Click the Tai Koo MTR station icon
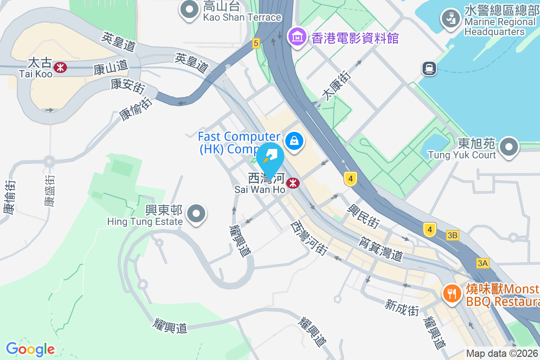tap(60, 67)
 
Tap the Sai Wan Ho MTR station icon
tap(293, 183)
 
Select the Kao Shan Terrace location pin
tap(189, 9)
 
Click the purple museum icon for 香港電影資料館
tap(297, 37)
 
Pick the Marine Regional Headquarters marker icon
tap(450, 19)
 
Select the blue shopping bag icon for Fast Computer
tap(294, 141)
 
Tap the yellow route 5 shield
tap(256, 43)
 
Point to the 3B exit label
tap(453, 235)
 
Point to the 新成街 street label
tap(402, 308)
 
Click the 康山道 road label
tap(111, 68)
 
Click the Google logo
tap(30, 349)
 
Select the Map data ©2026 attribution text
tap(502, 354)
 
